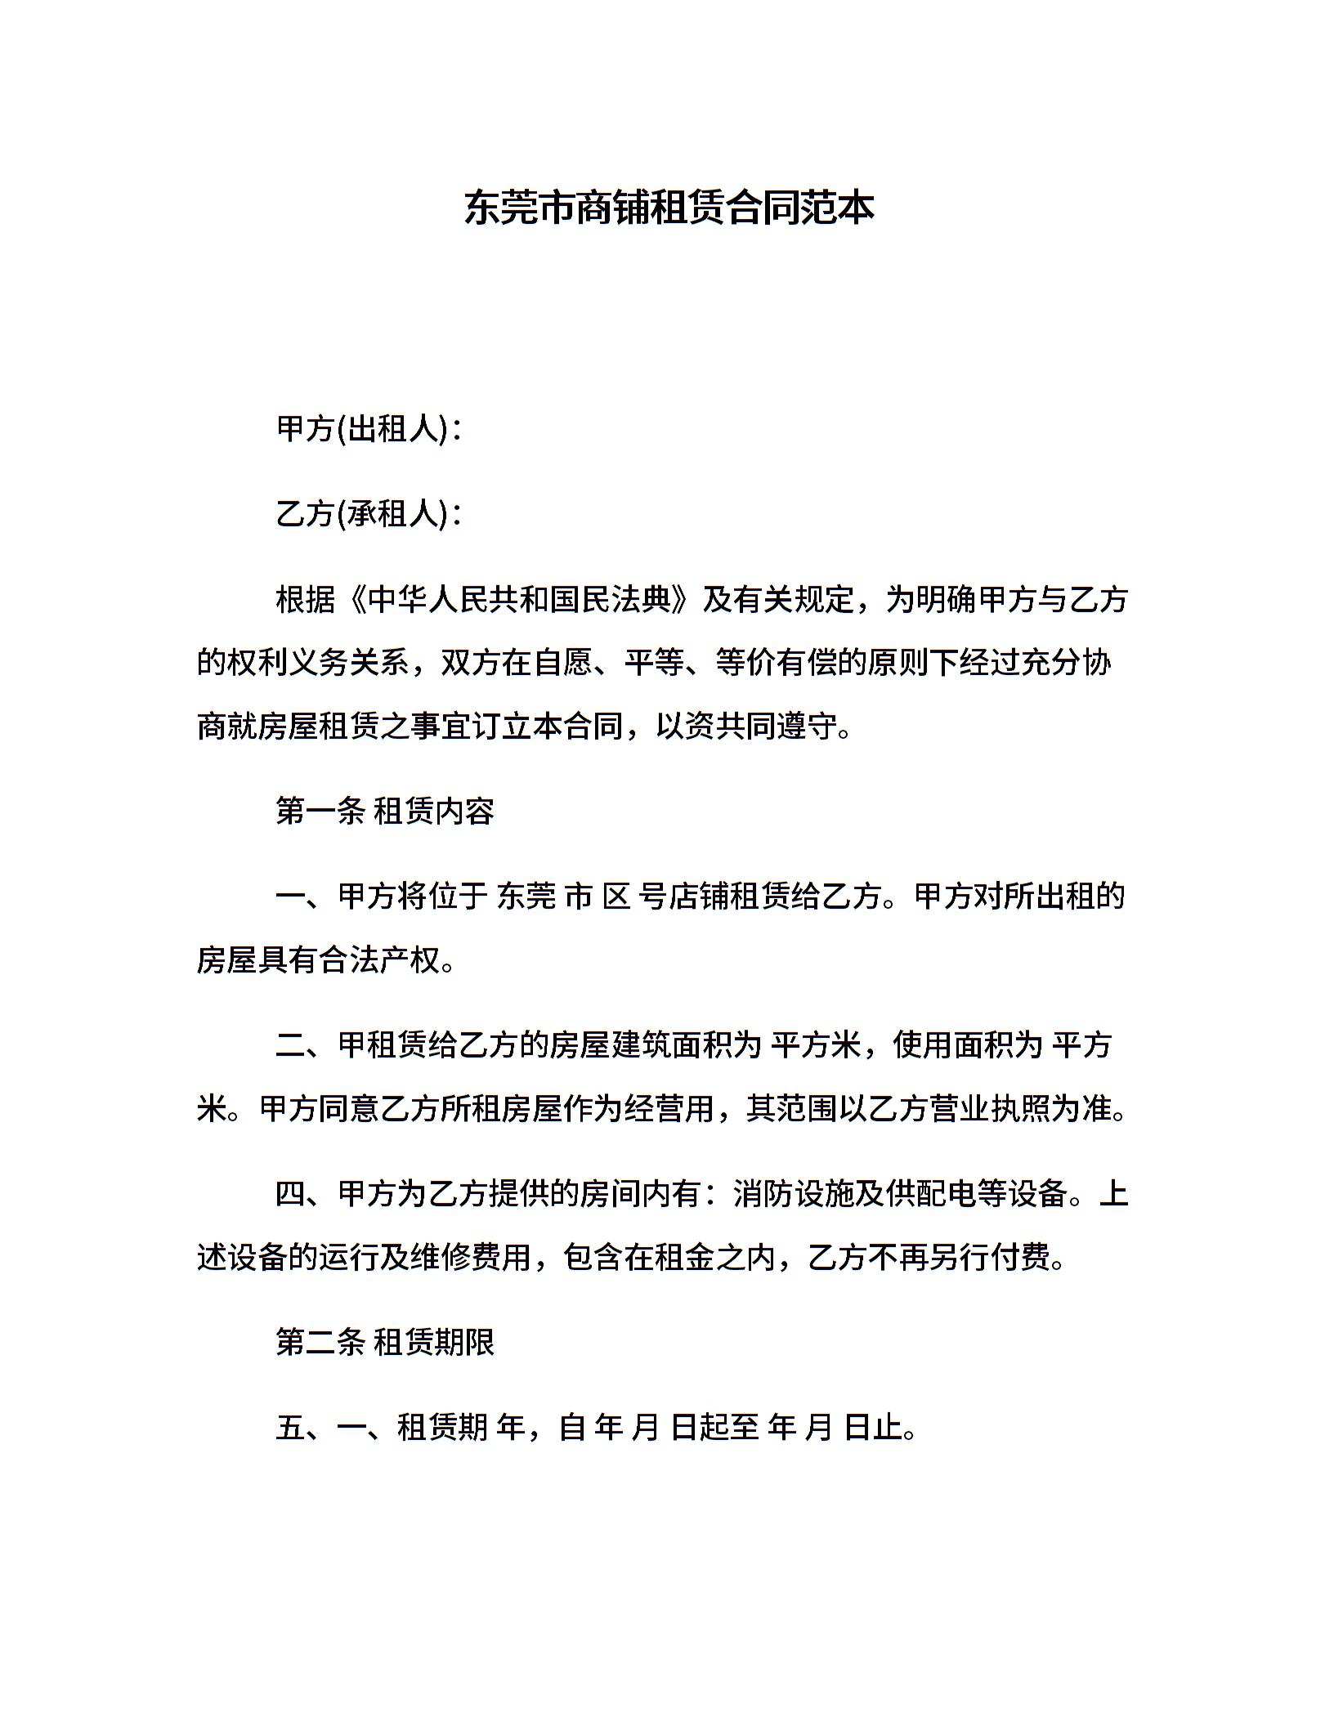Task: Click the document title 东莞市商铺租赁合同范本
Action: coord(669,208)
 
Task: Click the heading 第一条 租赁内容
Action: coord(385,812)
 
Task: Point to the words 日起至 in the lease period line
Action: coord(715,1428)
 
